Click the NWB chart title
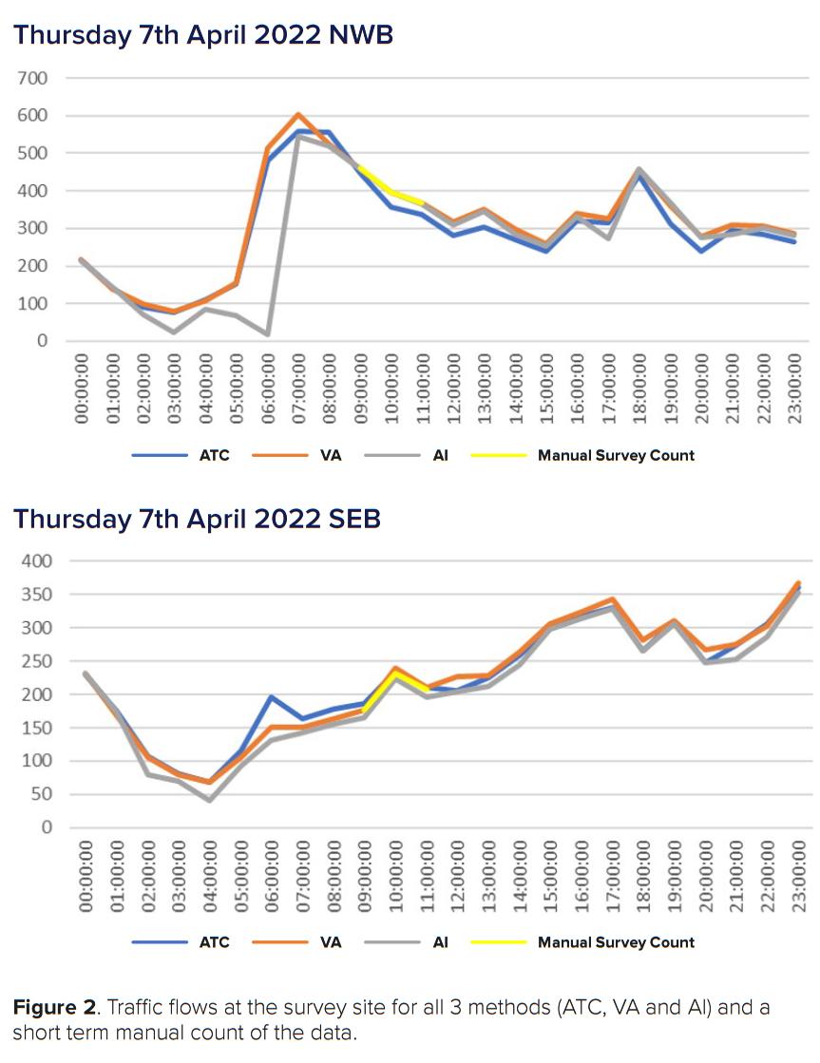(x=203, y=35)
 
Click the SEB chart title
(x=197, y=520)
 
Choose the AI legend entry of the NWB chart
(x=440, y=455)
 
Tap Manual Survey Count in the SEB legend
(x=616, y=942)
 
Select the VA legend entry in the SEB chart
(x=330, y=942)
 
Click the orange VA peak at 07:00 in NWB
(x=298, y=115)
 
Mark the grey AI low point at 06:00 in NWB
(x=267, y=334)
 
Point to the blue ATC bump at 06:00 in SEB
(x=271, y=696)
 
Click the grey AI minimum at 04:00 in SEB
(x=209, y=800)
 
